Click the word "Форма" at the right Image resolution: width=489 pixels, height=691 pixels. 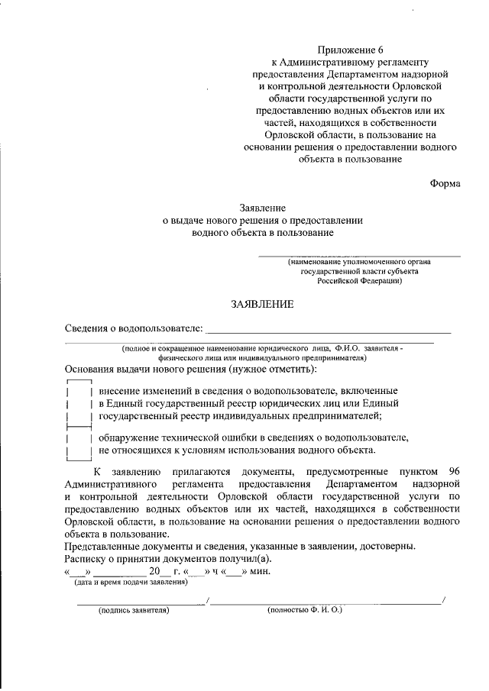(x=445, y=183)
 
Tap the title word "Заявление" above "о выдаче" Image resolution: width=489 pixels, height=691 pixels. (x=263, y=207)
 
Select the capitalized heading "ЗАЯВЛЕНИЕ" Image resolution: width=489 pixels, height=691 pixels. (x=263, y=304)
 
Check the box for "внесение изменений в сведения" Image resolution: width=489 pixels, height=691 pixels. (x=79, y=402)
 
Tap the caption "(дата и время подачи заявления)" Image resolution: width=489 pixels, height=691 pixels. (x=130, y=582)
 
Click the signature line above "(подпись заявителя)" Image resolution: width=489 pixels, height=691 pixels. (x=141, y=603)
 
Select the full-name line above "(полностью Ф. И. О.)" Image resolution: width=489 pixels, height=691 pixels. (x=325, y=603)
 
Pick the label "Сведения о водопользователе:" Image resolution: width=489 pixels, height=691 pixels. (x=134, y=329)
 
